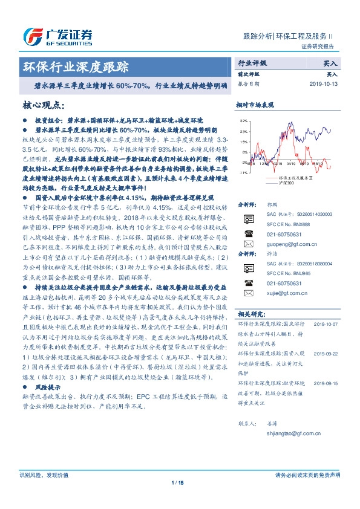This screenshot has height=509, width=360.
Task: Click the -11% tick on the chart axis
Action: pyautogui.click(x=243, y=173)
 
